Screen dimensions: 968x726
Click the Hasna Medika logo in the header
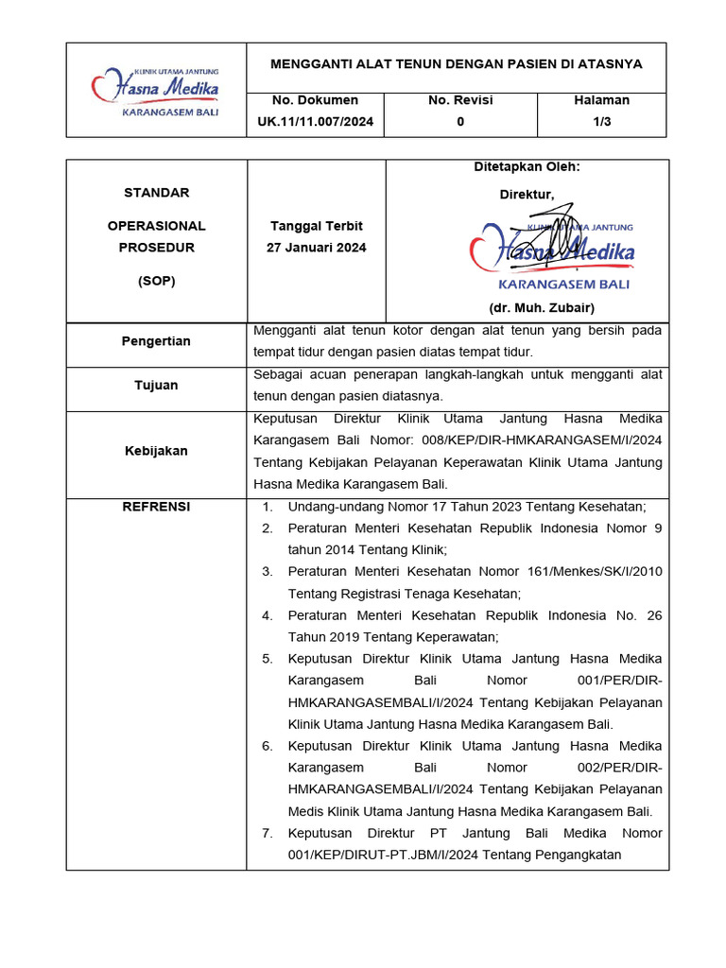pyautogui.click(x=156, y=91)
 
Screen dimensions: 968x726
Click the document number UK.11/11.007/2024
pyautogui.click(x=315, y=121)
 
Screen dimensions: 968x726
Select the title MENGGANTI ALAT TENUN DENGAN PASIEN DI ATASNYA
pyautogui.click(x=457, y=64)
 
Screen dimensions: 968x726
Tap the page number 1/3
pyautogui.click(x=601, y=121)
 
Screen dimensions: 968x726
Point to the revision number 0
pyautogui.click(x=460, y=121)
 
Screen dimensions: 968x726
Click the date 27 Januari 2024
pyautogui.click(x=317, y=248)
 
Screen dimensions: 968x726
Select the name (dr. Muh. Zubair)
pyautogui.click(x=542, y=308)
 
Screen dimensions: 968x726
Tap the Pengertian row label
pyautogui.click(x=156, y=341)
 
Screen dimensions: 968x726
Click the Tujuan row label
pyautogui.click(x=156, y=386)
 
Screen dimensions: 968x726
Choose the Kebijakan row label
pyautogui.click(x=156, y=451)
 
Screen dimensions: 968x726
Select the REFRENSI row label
pyautogui.click(x=156, y=507)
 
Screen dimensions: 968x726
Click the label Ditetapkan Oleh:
pyautogui.click(x=527, y=167)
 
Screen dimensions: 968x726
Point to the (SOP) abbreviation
pyautogui.click(x=156, y=281)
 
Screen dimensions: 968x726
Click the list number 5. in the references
pyautogui.click(x=268, y=659)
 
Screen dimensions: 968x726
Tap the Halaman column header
pyautogui.click(x=601, y=100)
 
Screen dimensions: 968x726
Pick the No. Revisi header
pyautogui.click(x=460, y=100)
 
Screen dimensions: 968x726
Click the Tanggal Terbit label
pyautogui.click(x=317, y=227)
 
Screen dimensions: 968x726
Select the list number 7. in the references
pyautogui.click(x=268, y=834)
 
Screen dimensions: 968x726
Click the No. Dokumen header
pyautogui.click(x=315, y=100)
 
